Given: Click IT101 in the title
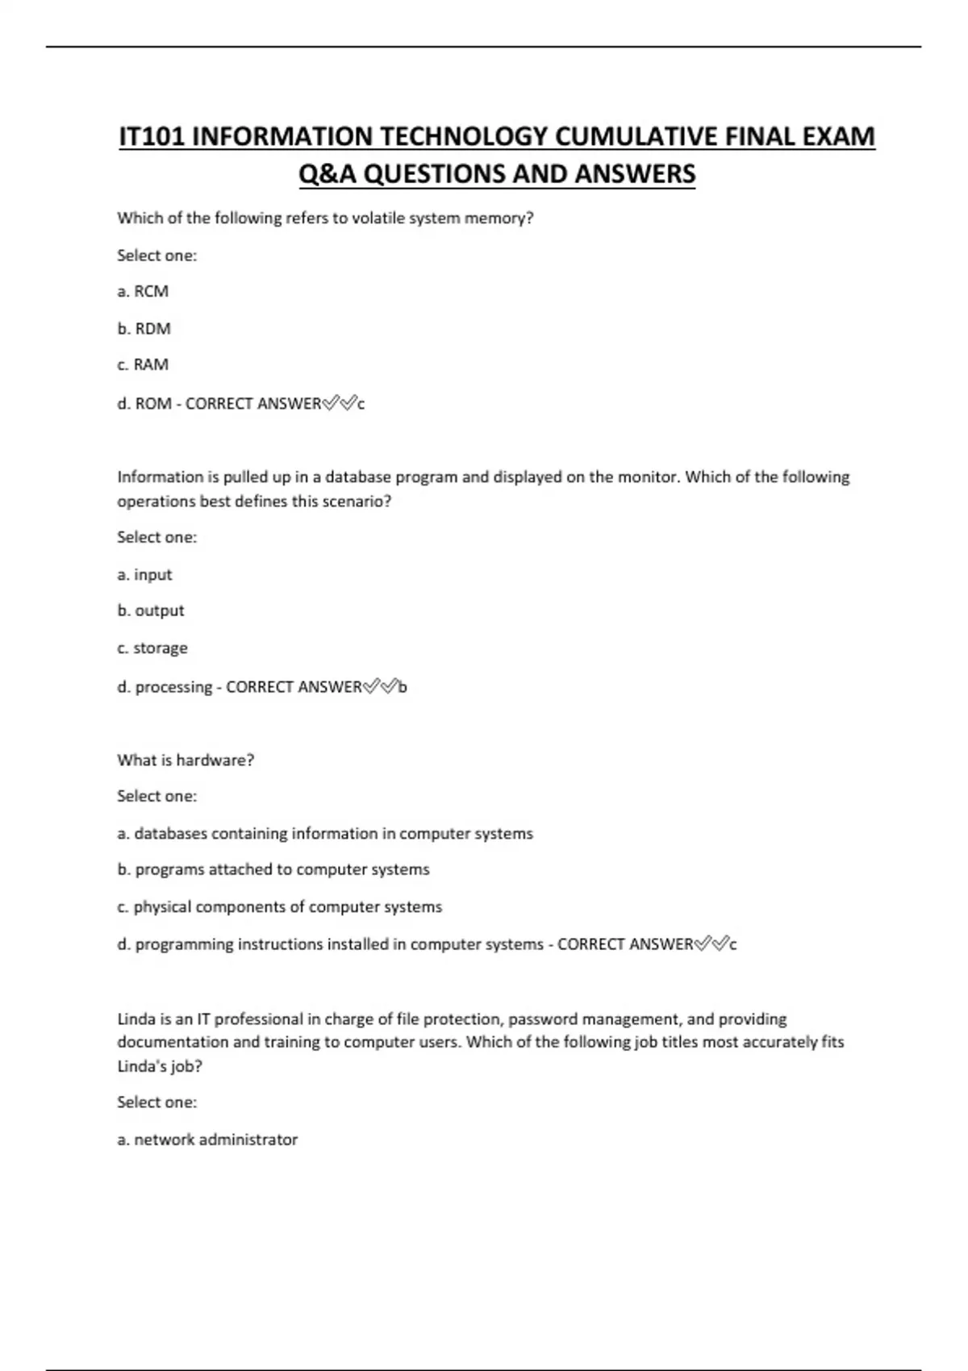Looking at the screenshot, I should tap(152, 137).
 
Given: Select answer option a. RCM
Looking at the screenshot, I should tap(143, 292).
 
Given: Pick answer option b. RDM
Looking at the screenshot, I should tap(144, 329).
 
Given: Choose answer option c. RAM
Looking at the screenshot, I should tap(143, 365).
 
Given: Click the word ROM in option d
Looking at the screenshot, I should tap(153, 403).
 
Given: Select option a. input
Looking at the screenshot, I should tap(144, 575).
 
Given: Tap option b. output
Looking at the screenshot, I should tap(151, 611).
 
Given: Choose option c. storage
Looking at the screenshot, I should tap(152, 648).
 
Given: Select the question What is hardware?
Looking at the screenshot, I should tap(186, 761).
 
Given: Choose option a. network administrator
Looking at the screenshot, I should tap(207, 1140).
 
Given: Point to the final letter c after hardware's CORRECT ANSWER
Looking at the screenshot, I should tap(732, 944).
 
